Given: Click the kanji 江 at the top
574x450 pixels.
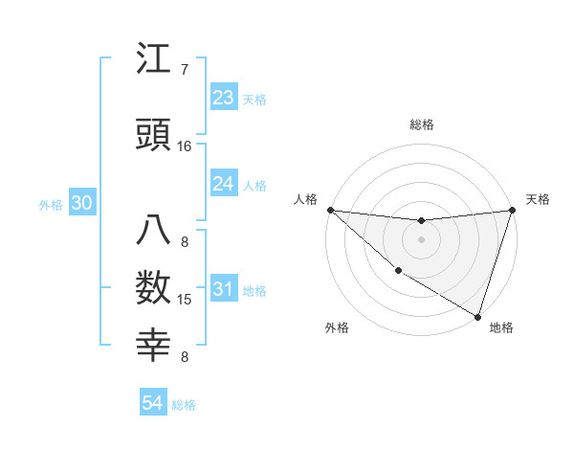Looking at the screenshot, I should tap(154, 60).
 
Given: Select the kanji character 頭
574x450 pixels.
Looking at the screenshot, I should tap(154, 136).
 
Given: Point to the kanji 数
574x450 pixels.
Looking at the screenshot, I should tap(154, 290).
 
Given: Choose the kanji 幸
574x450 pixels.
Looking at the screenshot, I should tap(154, 347).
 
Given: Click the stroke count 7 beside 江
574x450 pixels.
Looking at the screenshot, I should tap(185, 70).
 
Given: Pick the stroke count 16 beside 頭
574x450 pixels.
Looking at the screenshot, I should tap(185, 146).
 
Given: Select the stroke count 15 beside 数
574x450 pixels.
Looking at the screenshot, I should tap(185, 300).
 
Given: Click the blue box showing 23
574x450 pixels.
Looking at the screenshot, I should tap(223, 98).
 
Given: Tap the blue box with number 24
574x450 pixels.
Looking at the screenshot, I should tap(223, 184).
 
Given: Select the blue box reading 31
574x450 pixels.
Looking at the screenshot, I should tap(223, 290).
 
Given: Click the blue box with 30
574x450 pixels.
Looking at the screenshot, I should tap(81, 204).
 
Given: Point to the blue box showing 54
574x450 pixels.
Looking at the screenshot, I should tap(152, 403).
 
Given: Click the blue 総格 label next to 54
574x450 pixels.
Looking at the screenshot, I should tap(184, 405).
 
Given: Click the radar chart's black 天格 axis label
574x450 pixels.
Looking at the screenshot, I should tap(538, 199).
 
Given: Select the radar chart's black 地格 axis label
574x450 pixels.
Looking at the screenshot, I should tap(501, 327).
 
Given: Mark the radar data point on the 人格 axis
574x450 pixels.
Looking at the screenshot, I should tap(330, 210).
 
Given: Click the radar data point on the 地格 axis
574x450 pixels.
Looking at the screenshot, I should tap(477, 316).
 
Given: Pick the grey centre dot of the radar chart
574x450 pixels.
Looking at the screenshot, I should tap(421, 239).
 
